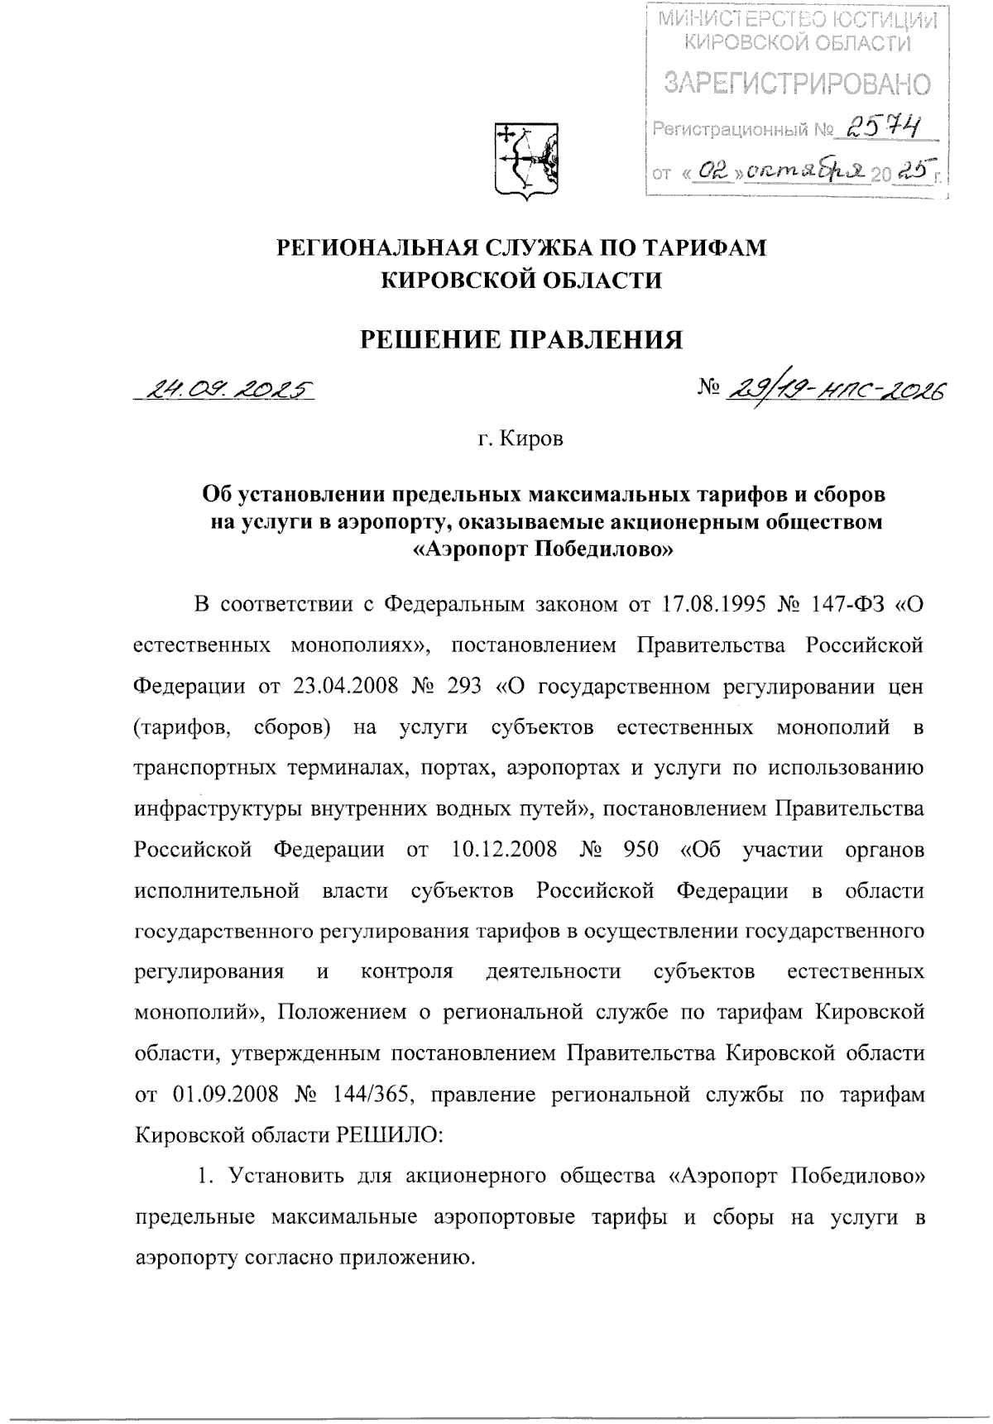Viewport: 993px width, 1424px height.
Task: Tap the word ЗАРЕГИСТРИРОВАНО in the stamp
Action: click(x=798, y=84)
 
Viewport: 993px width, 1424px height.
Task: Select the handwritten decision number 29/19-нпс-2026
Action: click(x=835, y=389)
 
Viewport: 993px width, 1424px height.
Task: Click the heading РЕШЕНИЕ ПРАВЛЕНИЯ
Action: click(x=520, y=339)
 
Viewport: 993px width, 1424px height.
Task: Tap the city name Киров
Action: click(x=538, y=439)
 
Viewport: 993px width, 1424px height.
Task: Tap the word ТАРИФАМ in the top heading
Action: click(x=694, y=247)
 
